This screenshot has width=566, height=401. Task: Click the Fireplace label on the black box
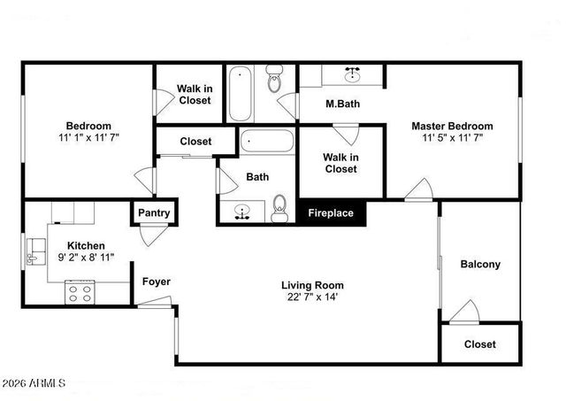click(x=331, y=213)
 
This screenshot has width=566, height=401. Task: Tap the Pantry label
click(x=154, y=213)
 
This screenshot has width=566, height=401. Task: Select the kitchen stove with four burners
click(x=80, y=293)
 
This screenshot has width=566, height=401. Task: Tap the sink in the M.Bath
click(x=354, y=74)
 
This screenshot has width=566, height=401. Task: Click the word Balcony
click(x=480, y=264)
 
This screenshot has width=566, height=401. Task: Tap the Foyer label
click(x=157, y=281)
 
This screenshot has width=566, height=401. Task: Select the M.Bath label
click(x=341, y=104)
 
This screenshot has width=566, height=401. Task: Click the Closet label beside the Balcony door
click(x=479, y=344)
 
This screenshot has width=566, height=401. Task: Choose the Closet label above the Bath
click(x=195, y=141)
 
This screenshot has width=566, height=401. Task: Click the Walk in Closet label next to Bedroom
click(x=194, y=94)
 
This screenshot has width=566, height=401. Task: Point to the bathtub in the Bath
click(x=266, y=142)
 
